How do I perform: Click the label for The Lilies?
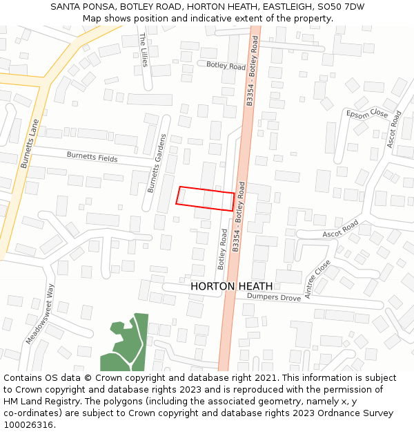pos(144,50)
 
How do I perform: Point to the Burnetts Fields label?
pos(92,158)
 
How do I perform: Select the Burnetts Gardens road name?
pos(157,163)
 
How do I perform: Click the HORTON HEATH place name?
pos(231,286)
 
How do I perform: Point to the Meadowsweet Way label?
pos(39,314)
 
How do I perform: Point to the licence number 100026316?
pos(28,425)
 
